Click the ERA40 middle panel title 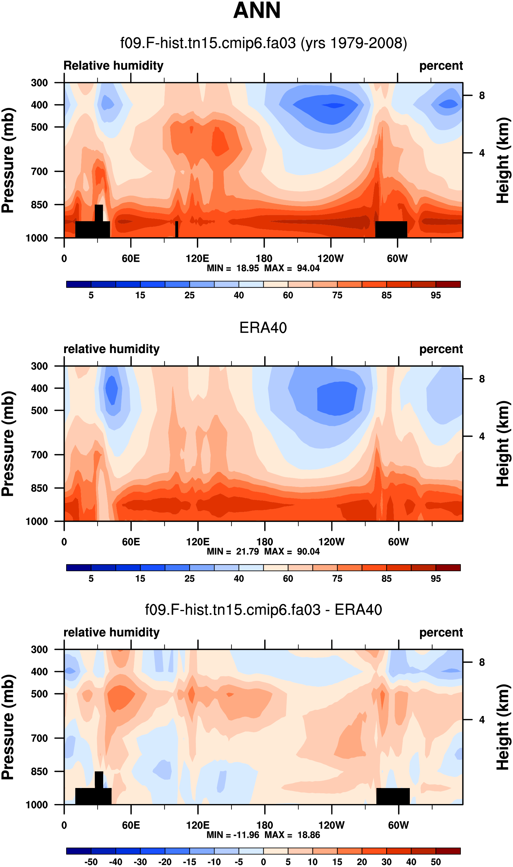pyautogui.click(x=263, y=328)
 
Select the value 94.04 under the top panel pyautogui.click(x=308, y=268)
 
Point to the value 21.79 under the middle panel pyautogui.click(x=247, y=552)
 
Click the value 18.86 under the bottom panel pyautogui.click(x=309, y=835)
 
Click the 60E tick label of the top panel pyautogui.click(x=131, y=259)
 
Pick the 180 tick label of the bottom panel pyautogui.click(x=264, y=826)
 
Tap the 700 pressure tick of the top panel pyautogui.click(x=39, y=171)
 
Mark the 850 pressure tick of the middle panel pyautogui.click(x=39, y=488)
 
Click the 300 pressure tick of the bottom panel pyautogui.click(x=39, y=650)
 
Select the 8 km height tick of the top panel pyautogui.click(x=482, y=95)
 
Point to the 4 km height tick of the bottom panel pyautogui.click(x=482, y=720)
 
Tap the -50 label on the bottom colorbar pyautogui.click(x=91, y=862)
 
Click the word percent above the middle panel pyautogui.click(x=441, y=349)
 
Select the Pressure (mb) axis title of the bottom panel pyautogui.click(x=8, y=727)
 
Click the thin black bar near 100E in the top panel pyautogui.click(x=177, y=229)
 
